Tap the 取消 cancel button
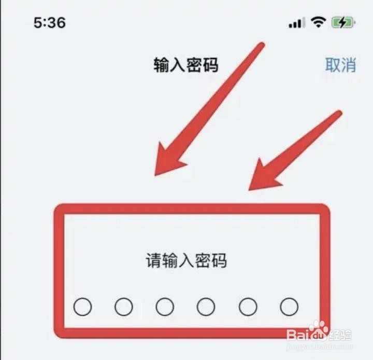pyautogui.click(x=340, y=65)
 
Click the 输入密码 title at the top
pyautogui.click(x=186, y=65)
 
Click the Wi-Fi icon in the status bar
pyautogui.click(x=319, y=22)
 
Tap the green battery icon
pyautogui.click(x=342, y=22)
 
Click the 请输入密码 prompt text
pyautogui.click(x=186, y=260)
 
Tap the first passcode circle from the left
pyautogui.click(x=82, y=307)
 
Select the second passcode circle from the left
pyautogui.click(x=124, y=307)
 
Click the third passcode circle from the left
pyautogui.click(x=165, y=307)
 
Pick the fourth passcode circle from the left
pyautogui.click(x=206, y=307)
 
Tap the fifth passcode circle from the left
pyautogui.click(x=248, y=307)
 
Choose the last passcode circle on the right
pyautogui.click(x=289, y=307)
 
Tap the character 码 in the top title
pyautogui.click(x=210, y=65)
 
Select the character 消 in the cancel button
pyautogui.click(x=349, y=65)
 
